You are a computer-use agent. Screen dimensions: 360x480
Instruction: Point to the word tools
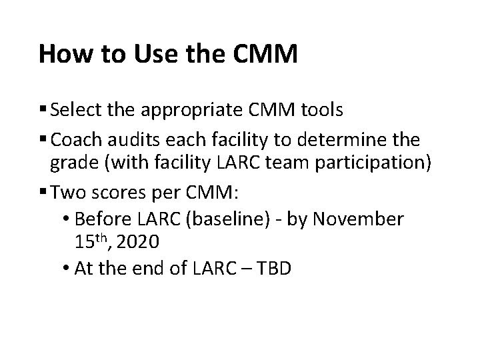point(321,110)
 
